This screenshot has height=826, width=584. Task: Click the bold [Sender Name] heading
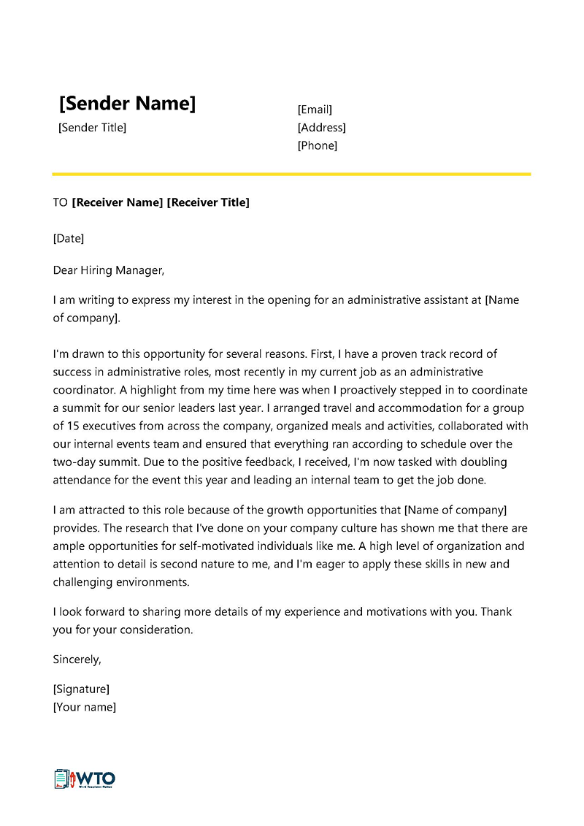pyautogui.click(x=127, y=104)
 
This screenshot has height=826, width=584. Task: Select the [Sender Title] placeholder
pyautogui.click(x=92, y=128)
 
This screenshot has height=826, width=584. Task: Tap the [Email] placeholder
pyautogui.click(x=315, y=110)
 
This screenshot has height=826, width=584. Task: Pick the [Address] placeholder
pyautogui.click(x=321, y=128)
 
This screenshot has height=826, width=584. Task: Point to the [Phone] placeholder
pyautogui.click(x=318, y=145)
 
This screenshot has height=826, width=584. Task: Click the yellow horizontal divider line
pyautogui.click(x=291, y=174)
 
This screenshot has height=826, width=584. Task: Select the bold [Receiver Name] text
pyautogui.click(x=118, y=202)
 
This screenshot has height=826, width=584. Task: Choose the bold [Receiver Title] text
pyautogui.click(x=208, y=202)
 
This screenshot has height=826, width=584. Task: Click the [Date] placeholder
pyautogui.click(x=69, y=238)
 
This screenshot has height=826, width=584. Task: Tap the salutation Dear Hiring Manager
pyautogui.click(x=109, y=270)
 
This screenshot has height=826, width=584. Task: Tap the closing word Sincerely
pyautogui.click(x=77, y=659)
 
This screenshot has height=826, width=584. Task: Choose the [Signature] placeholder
pyautogui.click(x=81, y=689)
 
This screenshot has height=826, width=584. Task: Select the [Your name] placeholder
pyautogui.click(x=84, y=707)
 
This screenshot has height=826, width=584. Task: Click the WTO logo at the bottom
pyautogui.click(x=85, y=779)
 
